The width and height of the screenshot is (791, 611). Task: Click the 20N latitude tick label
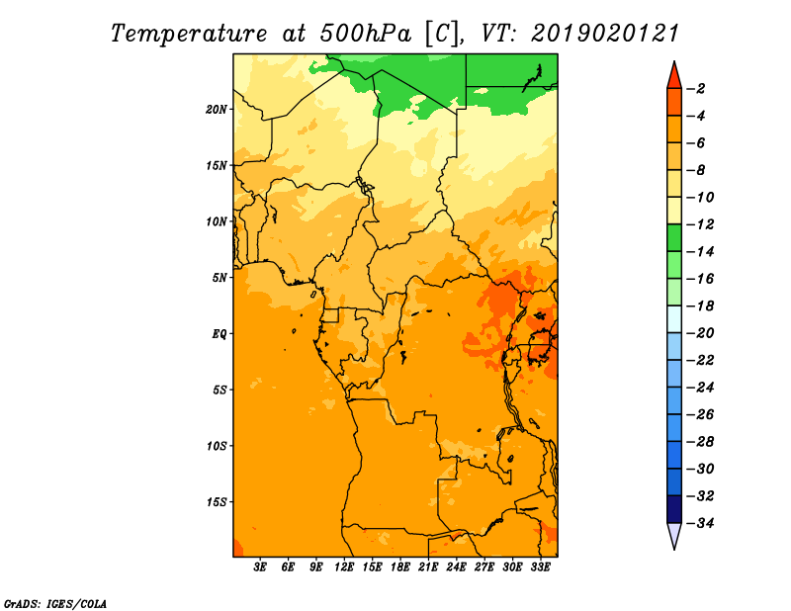click(x=217, y=110)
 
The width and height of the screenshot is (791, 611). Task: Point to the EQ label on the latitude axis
click(x=220, y=334)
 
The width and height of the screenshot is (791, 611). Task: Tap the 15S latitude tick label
click(x=217, y=502)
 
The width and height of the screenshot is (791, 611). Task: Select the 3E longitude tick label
click(x=260, y=567)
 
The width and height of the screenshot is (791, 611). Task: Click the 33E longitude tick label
click(x=541, y=567)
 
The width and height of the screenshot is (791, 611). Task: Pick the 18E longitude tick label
click(x=400, y=567)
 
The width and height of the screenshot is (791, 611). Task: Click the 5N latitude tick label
click(x=220, y=278)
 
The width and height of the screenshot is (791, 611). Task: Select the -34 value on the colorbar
click(x=700, y=523)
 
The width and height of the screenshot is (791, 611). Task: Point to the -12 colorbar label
click(x=700, y=224)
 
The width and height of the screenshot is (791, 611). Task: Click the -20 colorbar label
click(x=700, y=333)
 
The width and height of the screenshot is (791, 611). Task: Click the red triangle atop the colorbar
click(x=674, y=77)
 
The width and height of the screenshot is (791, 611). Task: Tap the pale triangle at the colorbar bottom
click(x=674, y=534)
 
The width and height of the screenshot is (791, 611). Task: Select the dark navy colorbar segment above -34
click(x=674, y=509)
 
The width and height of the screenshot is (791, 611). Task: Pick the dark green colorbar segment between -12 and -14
click(x=674, y=237)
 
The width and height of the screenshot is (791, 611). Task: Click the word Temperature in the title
click(x=189, y=34)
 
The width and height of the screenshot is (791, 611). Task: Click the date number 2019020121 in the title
click(x=605, y=33)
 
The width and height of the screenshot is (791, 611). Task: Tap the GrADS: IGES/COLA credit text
click(x=55, y=604)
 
